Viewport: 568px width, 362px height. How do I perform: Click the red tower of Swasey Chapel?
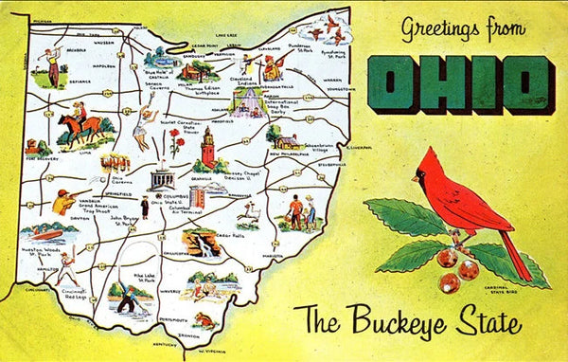[x=207, y=149]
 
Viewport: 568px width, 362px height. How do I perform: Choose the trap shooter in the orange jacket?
[x=64, y=201]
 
